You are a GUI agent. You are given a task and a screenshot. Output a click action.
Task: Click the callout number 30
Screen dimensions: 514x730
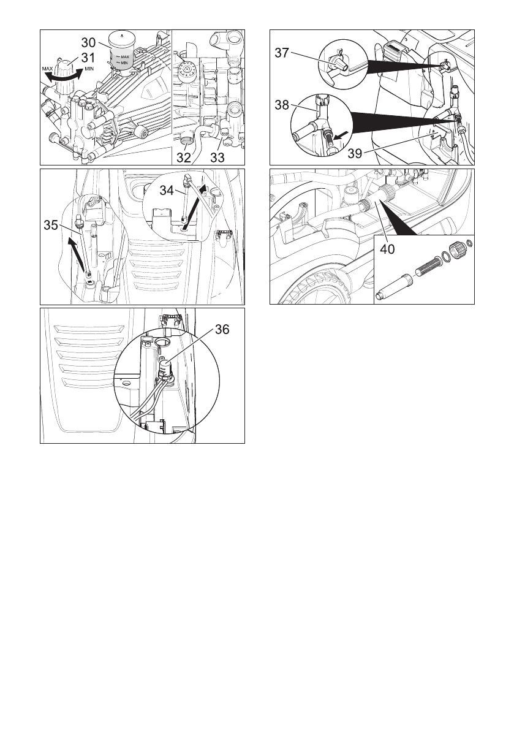88,43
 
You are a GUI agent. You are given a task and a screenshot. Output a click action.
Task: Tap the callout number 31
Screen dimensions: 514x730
88,58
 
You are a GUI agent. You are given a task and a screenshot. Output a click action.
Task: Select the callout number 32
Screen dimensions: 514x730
184,158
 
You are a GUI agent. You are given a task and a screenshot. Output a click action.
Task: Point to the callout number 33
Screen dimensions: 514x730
217,158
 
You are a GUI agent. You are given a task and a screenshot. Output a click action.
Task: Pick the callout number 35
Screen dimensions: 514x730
51,226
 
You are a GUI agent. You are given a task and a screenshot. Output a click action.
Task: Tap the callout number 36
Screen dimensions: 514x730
222,329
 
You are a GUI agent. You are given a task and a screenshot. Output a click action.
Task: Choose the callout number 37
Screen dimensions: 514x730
282,53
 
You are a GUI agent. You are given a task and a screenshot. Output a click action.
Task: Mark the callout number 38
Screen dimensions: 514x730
282,105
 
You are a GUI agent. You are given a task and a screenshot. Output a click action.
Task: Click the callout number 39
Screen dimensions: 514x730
355,154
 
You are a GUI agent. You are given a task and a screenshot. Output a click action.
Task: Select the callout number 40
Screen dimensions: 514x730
387,249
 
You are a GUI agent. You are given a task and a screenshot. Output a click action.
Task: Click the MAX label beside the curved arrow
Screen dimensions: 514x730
47,69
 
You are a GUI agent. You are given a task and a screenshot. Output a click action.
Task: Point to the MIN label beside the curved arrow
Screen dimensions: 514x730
90,69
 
